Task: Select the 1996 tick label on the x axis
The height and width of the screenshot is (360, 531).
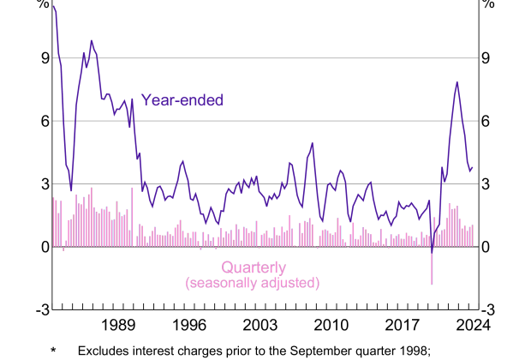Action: click(x=189, y=325)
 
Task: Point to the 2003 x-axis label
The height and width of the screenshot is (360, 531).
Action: click(x=260, y=325)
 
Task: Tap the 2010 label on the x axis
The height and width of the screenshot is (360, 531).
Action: click(x=331, y=325)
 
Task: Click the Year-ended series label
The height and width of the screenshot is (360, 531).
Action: click(x=181, y=100)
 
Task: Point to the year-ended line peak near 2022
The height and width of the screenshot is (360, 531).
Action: click(x=457, y=83)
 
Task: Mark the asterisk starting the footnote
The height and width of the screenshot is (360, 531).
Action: click(x=53, y=351)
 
